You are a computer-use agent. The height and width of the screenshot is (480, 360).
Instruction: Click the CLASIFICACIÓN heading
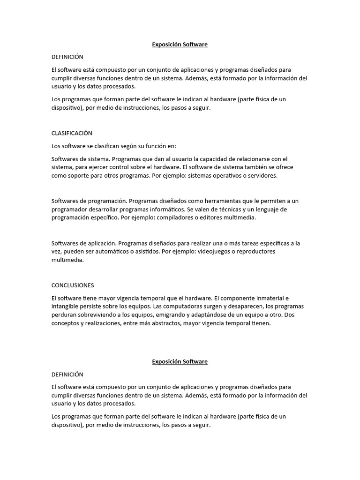click(x=72, y=133)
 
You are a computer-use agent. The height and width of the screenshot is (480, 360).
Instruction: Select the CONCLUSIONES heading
click(x=73, y=285)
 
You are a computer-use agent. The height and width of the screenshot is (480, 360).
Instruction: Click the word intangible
click(x=65, y=307)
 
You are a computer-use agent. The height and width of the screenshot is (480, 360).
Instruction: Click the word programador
click(x=70, y=209)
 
